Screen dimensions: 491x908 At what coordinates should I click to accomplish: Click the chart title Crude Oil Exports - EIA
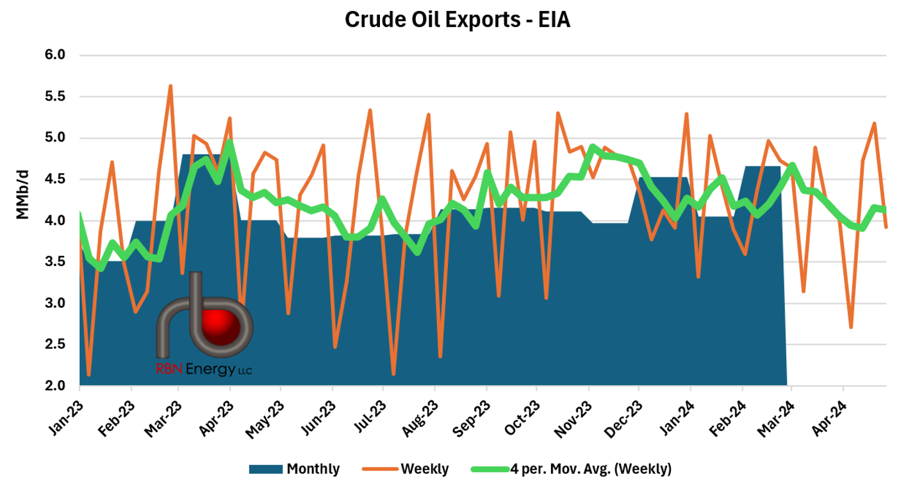tap(457, 20)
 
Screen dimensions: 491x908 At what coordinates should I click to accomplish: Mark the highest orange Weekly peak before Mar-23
tap(170, 86)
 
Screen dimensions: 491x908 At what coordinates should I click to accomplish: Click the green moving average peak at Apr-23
tap(229, 142)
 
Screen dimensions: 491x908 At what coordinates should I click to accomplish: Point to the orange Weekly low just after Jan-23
tap(88, 374)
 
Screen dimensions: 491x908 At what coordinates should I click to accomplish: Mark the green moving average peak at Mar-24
tap(793, 165)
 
